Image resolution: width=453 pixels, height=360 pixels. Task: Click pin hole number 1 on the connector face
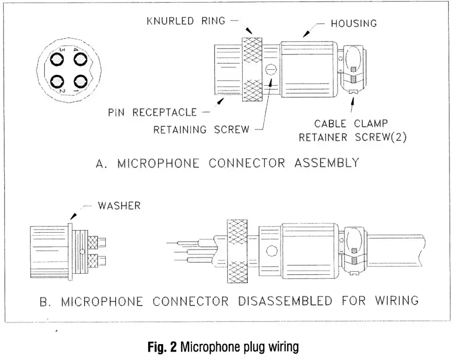tap(80, 81)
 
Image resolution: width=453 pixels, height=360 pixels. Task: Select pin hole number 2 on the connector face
tap(57, 81)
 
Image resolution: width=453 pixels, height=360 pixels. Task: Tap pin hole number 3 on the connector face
tap(57, 59)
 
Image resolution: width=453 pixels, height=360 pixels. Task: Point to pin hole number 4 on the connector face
tap(80, 59)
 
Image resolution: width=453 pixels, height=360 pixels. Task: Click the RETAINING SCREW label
tap(201, 129)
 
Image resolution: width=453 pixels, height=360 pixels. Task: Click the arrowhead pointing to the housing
tap(305, 35)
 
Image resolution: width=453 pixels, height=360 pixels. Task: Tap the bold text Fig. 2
tap(161, 347)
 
